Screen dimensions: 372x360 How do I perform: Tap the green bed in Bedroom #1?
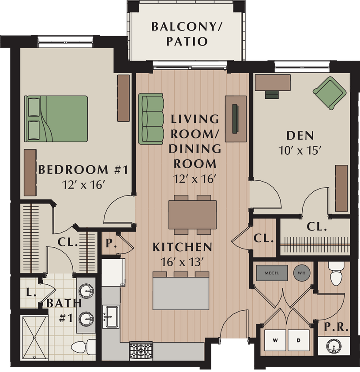point(56,119)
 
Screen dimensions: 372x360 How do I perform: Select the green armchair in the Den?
point(330,93)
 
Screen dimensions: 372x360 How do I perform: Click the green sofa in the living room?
point(150,119)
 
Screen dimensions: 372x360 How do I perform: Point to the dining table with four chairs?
point(192,215)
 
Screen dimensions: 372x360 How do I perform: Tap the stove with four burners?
point(141,351)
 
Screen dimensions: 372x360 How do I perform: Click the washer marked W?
point(275,340)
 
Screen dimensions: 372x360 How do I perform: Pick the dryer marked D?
point(299,340)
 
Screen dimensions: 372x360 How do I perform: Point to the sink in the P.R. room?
point(334,346)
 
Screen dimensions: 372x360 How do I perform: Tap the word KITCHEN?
point(183,247)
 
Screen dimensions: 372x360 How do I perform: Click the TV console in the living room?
point(236,119)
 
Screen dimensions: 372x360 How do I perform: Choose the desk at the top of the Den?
point(273,83)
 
